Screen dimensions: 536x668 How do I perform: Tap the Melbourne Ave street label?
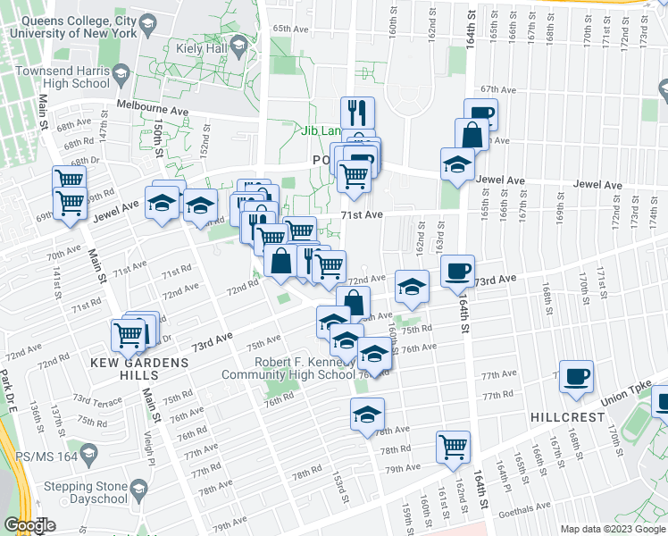153,106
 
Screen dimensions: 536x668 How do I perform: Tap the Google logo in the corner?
29,525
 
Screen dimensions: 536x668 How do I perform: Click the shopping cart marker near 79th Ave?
453,446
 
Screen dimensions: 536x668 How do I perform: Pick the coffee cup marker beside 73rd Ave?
457,271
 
